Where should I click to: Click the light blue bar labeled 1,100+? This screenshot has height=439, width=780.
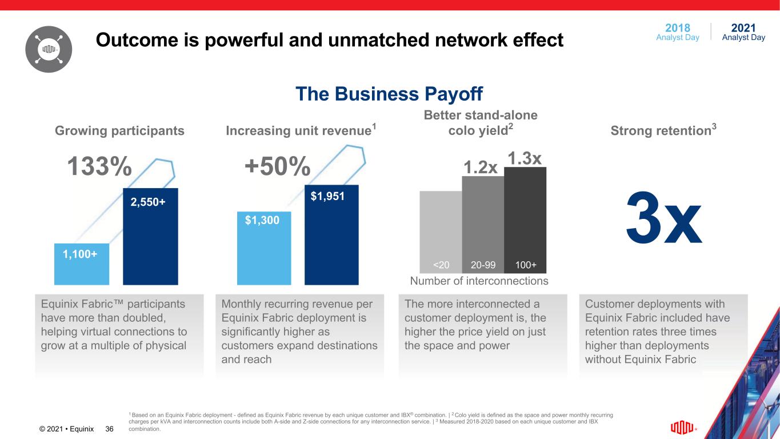pos(82,264)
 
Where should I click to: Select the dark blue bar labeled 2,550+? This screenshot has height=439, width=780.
pos(150,236)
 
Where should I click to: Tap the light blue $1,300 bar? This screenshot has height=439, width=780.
pos(264,248)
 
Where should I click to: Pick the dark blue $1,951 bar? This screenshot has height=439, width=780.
pos(331,234)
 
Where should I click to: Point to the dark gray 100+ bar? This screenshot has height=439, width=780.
pos(525,217)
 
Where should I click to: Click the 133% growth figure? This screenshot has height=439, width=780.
pos(100,167)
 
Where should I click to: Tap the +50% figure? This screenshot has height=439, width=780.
pos(277,167)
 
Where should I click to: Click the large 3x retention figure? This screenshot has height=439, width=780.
pos(663,218)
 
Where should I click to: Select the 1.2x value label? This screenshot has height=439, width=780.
pos(480,167)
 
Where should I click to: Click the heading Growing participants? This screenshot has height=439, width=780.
pos(119,131)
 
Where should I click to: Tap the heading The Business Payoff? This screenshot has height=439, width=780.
pos(389,94)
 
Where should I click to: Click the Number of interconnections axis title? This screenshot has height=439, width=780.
pos(479,281)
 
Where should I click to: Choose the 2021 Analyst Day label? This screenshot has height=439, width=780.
pos(743,32)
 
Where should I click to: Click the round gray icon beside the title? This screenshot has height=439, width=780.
pos(49,50)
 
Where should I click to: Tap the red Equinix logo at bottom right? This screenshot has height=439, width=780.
pos(683,428)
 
